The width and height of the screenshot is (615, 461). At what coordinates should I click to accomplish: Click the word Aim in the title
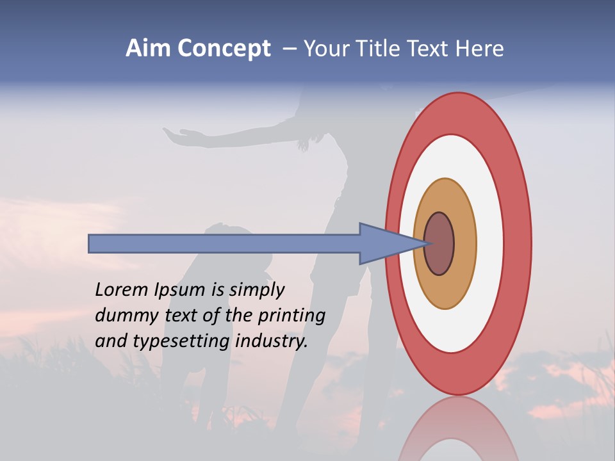pyautogui.click(x=147, y=49)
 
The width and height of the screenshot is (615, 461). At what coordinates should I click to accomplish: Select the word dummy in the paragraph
pyautogui.click(x=126, y=316)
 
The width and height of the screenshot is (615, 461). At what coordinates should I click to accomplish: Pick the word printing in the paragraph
pyautogui.click(x=291, y=316)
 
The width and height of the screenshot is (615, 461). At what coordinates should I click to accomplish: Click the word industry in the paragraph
pyautogui.click(x=272, y=341)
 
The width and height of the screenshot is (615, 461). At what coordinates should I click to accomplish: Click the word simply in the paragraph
pyautogui.click(x=256, y=291)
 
